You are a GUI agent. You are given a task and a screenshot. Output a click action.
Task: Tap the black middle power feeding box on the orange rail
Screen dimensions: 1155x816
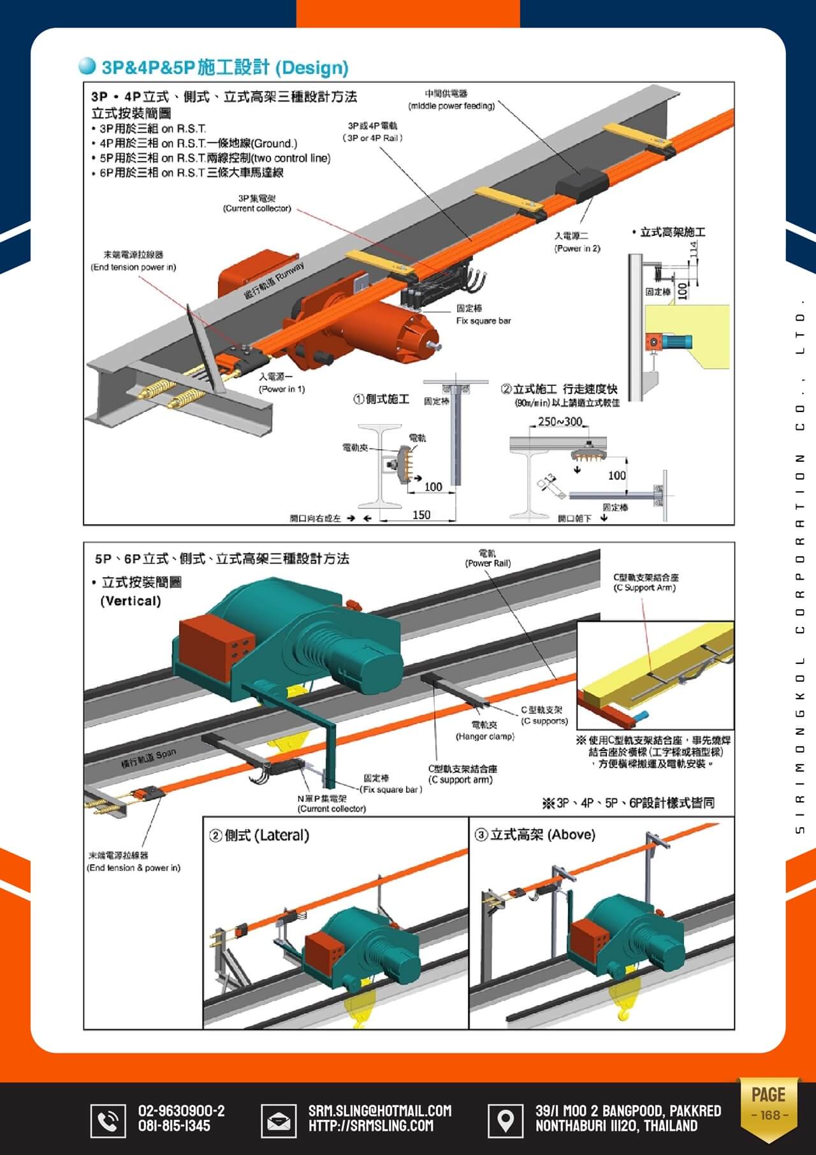tap(581, 185)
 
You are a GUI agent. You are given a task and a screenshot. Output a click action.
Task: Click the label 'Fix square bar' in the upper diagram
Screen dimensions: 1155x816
tap(483, 321)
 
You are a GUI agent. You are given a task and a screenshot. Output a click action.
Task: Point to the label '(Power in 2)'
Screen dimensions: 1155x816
tap(577, 248)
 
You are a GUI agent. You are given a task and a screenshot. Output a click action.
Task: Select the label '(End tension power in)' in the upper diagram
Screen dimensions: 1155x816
tap(133, 267)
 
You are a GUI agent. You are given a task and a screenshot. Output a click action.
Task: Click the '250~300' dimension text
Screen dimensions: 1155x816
tap(560, 422)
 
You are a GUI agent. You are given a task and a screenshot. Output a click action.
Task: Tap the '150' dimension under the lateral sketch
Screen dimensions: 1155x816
tap(421, 515)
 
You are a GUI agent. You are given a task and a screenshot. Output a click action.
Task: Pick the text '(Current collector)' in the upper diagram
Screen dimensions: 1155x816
tap(257, 209)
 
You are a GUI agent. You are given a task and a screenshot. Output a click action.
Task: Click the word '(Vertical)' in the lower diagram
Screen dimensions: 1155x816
tap(131, 601)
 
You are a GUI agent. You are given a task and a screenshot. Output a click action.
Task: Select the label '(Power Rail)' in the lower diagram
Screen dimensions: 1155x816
tap(488, 563)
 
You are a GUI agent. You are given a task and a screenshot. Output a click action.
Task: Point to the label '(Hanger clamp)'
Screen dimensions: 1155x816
tap(484, 737)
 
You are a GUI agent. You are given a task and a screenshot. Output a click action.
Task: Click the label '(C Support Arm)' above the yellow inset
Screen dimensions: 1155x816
tap(645, 588)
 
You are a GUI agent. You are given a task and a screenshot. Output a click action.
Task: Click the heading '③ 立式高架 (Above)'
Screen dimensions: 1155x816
tap(535, 834)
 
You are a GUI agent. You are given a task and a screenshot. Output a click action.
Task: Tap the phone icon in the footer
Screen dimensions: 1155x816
tap(108, 1120)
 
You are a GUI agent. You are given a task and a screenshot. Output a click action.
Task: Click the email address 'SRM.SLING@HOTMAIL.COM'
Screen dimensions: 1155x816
tap(380, 1110)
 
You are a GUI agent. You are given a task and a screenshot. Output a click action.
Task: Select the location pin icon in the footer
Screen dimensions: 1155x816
tap(505, 1120)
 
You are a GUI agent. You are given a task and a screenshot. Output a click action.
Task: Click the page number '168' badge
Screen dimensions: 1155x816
tap(769, 1115)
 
